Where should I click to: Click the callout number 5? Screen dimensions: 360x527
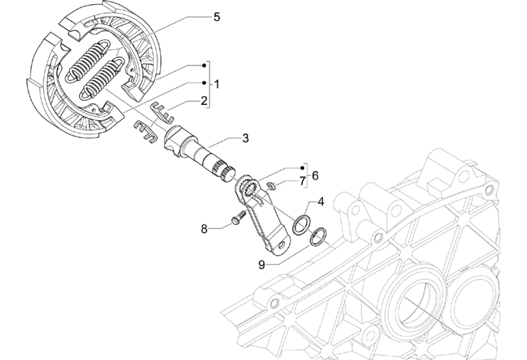point(216,17)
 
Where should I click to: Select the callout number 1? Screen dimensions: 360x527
point(217,84)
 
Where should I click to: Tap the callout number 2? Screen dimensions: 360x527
point(204,101)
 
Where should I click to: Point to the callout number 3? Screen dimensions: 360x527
point(245,138)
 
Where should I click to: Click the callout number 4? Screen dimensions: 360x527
point(321,202)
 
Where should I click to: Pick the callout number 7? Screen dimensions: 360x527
point(302,180)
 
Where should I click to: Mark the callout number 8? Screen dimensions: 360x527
point(204,229)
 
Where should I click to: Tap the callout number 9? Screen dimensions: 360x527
point(262,265)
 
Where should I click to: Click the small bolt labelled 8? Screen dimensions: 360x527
point(238,218)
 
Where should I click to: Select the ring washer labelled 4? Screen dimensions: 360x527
point(301,224)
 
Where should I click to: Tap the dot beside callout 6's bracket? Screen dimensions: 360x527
point(302,167)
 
